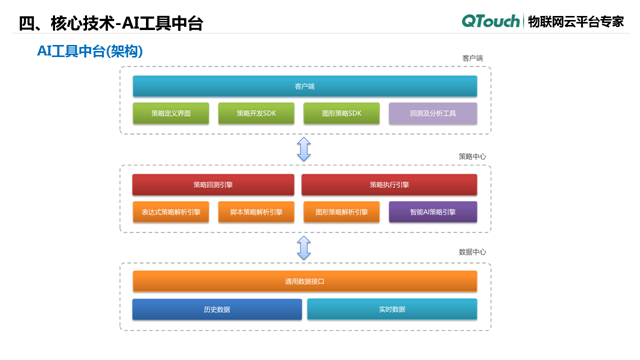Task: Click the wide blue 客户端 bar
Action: pos(304,87)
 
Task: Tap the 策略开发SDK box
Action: pos(257,114)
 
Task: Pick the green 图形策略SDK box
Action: pos(342,114)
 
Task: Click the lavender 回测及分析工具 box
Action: pos(432,114)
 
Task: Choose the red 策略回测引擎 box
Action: pos(213,185)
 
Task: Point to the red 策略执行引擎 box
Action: pos(389,185)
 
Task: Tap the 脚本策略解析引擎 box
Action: pos(257,212)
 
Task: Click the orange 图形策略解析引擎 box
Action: pos(342,212)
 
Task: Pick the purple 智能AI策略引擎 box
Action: pos(432,212)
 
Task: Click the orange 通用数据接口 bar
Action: pos(304,282)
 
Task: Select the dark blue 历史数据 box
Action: pos(217,310)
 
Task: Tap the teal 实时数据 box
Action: pos(391,310)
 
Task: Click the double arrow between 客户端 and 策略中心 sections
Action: pos(304,149)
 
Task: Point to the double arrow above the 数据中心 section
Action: pos(304,247)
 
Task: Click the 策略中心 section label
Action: pos(471,156)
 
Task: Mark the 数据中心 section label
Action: pos(471,252)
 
